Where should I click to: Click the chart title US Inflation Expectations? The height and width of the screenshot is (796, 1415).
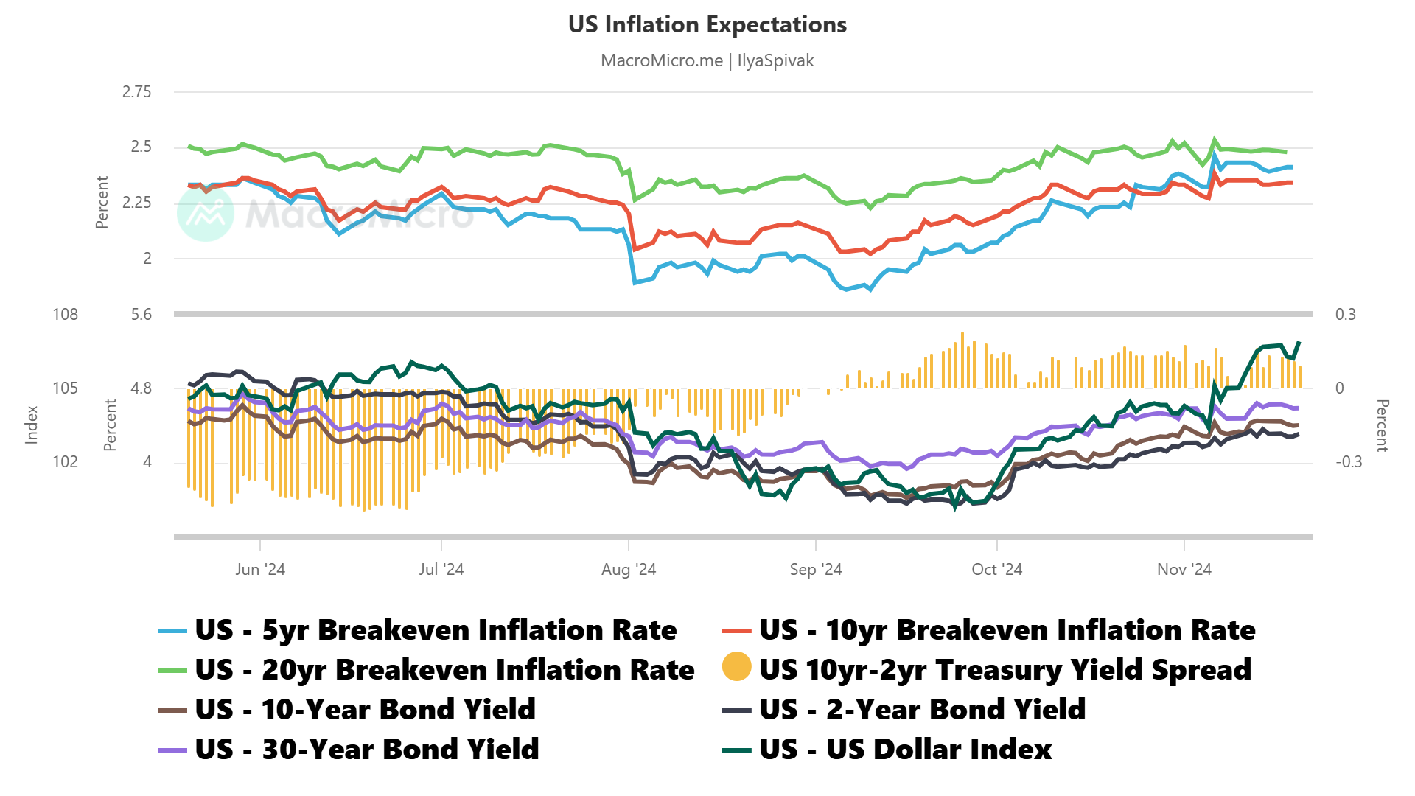(x=707, y=25)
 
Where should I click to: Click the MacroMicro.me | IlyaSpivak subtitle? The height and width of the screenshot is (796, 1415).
(x=707, y=60)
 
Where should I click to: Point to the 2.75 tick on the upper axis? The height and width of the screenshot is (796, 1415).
(x=136, y=92)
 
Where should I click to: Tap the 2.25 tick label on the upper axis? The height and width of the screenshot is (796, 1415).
(x=136, y=203)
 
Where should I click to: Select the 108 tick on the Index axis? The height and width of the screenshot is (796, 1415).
(x=65, y=315)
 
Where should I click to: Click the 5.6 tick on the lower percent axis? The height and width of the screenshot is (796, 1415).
(x=141, y=315)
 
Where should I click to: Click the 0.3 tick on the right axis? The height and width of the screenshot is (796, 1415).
(x=1345, y=315)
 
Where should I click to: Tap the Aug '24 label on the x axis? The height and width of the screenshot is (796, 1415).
(x=628, y=570)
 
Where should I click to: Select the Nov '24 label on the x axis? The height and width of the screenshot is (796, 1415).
(x=1184, y=570)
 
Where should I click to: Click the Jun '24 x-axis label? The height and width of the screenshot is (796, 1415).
(x=259, y=570)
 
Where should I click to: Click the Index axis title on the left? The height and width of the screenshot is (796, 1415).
(x=32, y=425)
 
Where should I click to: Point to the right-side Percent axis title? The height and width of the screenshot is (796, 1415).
(x=1382, y=425)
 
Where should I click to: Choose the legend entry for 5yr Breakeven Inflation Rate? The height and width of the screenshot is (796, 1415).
(x=435, y=631)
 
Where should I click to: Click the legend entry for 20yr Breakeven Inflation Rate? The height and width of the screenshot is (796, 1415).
(x=444, y=671)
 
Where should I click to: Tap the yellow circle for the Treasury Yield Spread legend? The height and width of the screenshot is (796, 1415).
(x=736, y=667)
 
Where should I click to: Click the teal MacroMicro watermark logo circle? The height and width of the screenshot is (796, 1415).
(x=206, y=213)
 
